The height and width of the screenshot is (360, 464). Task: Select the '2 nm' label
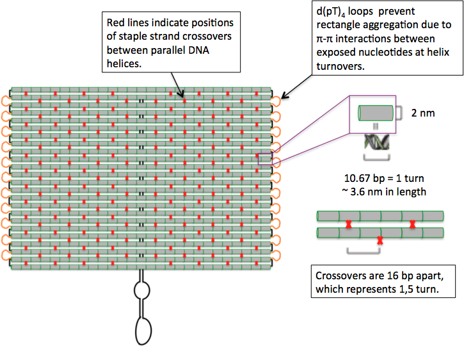tap(422, 113)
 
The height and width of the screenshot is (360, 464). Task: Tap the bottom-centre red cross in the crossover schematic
tap(380, 241)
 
